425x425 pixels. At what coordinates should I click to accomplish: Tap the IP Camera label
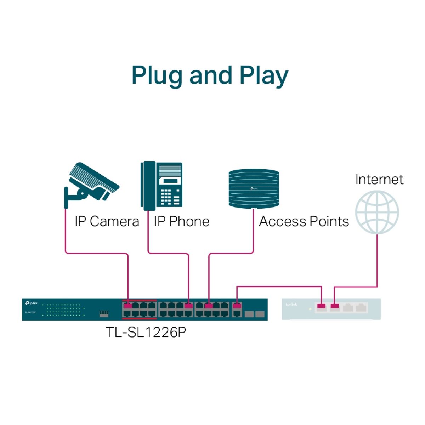coord(107,222)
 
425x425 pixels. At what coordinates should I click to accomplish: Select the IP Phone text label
coord(181,222)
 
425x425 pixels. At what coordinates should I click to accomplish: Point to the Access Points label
coord(304,222)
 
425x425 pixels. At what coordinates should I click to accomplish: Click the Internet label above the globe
coord(379,180)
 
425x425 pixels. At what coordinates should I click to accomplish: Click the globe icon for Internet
coord(377,212)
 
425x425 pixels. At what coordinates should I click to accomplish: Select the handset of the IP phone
coord(148,186)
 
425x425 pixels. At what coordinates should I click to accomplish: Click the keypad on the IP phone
coord(166,197)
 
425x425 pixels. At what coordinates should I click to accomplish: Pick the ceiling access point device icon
coord(254,188)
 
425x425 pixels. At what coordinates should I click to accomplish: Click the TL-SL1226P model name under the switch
coord(146,332)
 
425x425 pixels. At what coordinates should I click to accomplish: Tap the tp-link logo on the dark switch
coord(31,304)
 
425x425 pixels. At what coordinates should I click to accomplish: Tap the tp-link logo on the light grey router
coord(291,305)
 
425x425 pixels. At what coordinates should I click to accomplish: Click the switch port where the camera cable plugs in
coord(128,306)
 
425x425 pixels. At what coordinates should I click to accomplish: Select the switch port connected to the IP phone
coord(188,306)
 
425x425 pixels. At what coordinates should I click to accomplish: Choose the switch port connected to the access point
coord(209,306)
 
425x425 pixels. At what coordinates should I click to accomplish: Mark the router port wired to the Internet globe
coord(334,306)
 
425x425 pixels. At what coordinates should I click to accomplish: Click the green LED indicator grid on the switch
coord(64,310)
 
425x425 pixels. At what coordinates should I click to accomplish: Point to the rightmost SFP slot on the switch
coord(260,314)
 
